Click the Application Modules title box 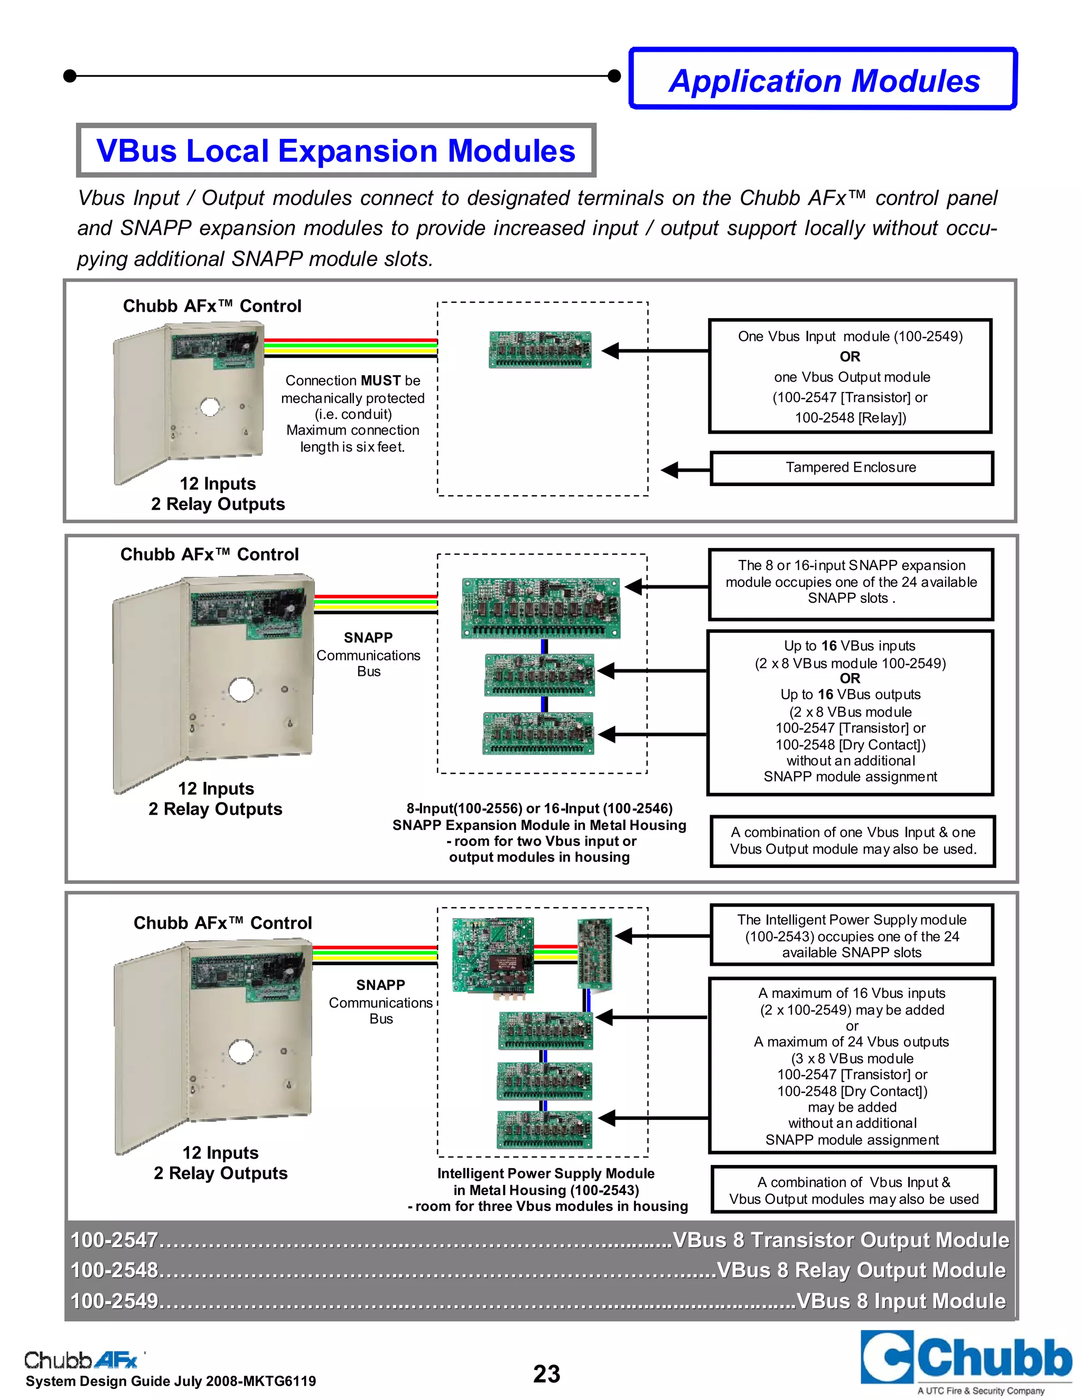[x=823, y=79]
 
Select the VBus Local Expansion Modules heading [x=335, y=151]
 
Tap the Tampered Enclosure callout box [x=851, y=468]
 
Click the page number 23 [x=546, y=1374]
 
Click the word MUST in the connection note [x=381, y=381]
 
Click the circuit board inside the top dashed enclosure [x=540, y=349]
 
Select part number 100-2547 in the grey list [x=114, y=1240]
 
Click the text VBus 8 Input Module [x=901, y=1301]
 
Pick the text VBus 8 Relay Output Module [x=861, y=1270]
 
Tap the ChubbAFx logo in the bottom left [x=81, y=1360]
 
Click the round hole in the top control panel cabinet [x=210, y=406]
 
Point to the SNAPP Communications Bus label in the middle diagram [x=369, y=655]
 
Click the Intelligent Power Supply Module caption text [x=546, y=1190]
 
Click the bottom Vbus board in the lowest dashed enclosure [x=544, y=1129]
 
